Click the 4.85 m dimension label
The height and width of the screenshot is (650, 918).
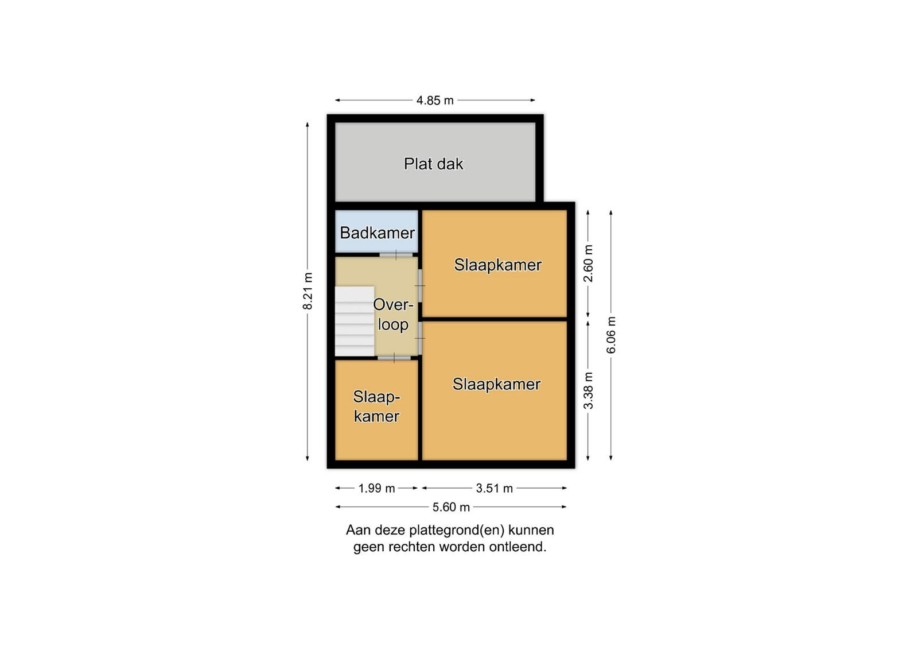point(435,100)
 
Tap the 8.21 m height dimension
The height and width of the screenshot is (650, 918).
point(308,291)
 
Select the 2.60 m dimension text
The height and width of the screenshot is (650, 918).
point(588,264)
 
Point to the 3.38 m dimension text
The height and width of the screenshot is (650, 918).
point(588,390)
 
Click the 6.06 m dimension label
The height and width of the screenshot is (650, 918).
point(611,335)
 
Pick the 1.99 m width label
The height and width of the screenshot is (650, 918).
point(376,489)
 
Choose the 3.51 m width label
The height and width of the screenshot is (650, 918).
point(494,489)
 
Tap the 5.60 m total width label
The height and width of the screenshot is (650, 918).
point(451,507)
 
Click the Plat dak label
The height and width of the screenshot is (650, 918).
point(434,164)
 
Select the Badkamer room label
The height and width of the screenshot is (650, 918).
point(378,233)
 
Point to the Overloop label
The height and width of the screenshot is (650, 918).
point(392,315)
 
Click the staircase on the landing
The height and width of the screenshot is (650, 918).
point(355,321)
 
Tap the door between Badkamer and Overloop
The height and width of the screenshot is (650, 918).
point(396,255)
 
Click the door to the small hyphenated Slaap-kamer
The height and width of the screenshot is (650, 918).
point(394,358)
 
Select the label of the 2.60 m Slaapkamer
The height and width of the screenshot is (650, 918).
point(497,265)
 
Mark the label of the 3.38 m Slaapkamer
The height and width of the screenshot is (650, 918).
point(496,384)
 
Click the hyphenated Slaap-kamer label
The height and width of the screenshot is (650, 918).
point(376,407)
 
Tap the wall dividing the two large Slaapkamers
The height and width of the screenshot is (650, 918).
point(495,319)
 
